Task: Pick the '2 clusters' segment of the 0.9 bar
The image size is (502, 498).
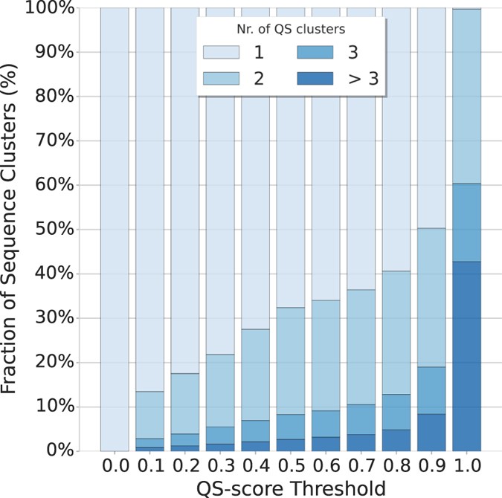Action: click(x=431, y=297)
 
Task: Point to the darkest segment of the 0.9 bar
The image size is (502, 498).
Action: click(x=431, y=433)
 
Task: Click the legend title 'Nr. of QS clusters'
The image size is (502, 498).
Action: click(x=290, y=28)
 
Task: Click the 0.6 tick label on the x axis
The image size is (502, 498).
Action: click(x=326, y=466)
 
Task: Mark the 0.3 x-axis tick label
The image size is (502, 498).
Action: click(x=220, y=466)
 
